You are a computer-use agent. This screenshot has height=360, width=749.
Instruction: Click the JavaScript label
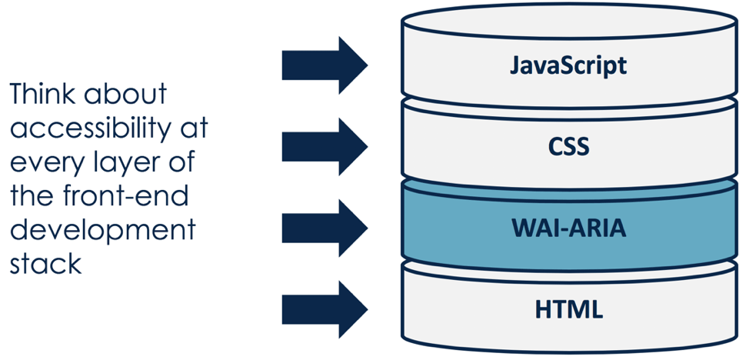pyautogui.click(x=568, y=65)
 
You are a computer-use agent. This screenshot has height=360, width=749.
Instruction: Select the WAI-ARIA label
pyautogui.click(x=569, y=229)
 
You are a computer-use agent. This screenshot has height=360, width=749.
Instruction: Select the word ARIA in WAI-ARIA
pyautogui.click(x=595, y=229)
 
